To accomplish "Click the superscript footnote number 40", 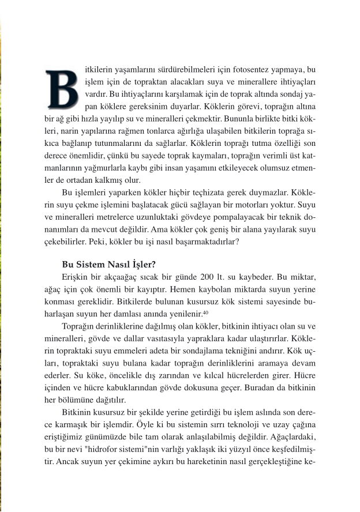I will (205, 312).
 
